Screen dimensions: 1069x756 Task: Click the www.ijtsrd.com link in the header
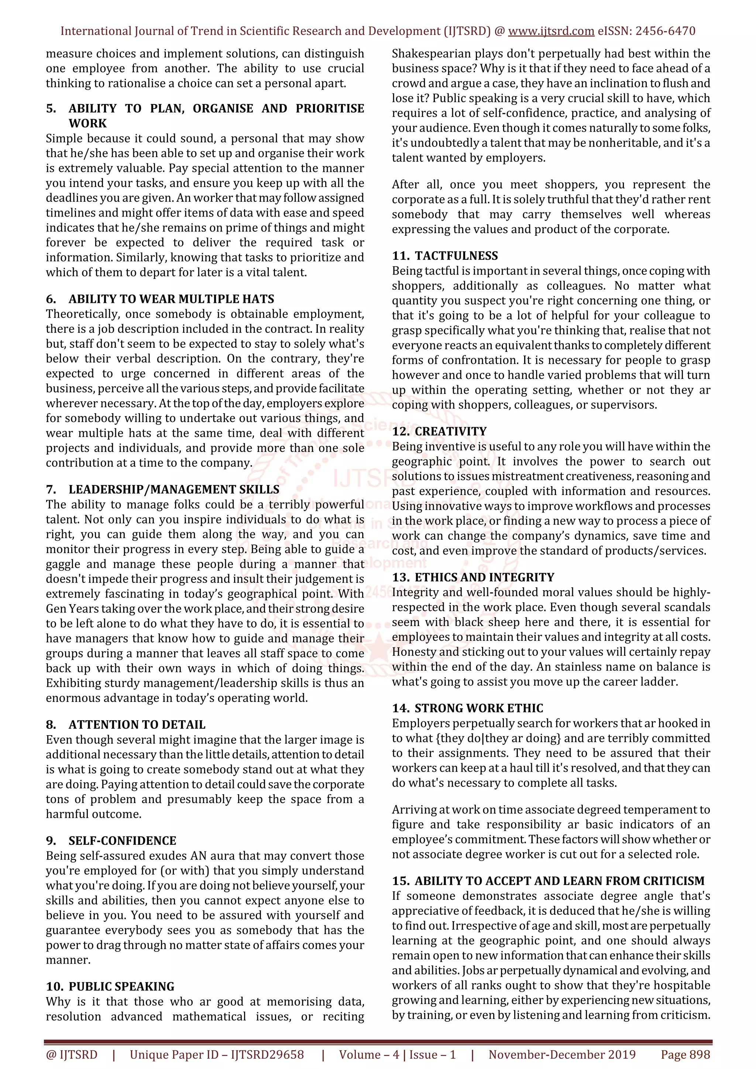pyautogui.click(x=551, y=31)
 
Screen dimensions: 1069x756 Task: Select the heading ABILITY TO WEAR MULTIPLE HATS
pyautogui.click(x=171, y=299)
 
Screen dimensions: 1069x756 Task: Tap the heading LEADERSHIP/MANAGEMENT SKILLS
pyautogui.click(x=174, y=489)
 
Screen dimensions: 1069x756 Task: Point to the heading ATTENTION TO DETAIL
pyautogui.click(x=137, y=724)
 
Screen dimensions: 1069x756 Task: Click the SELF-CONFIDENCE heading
pyautogui.click(x=122, y=840)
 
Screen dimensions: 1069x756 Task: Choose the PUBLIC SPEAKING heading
pyautogui.click(x=121, y=986)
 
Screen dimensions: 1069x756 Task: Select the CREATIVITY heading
pyautogui.click(x=450, y=431)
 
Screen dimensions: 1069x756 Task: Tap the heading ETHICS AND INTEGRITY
pyautogui.click(x=484, y=577)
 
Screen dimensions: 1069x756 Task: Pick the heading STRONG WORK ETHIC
pyautogui.click(x=479, y=708)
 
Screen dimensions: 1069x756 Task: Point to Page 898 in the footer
pyautogui.click(x=685, y=1055)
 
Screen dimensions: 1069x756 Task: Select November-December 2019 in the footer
pyautogui.click(x=562, y=1055)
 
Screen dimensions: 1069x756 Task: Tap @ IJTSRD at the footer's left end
pyautogui.click(x=72, y=1055)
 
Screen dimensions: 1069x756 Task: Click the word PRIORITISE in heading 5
pyautogui.click(x=330, y=108)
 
